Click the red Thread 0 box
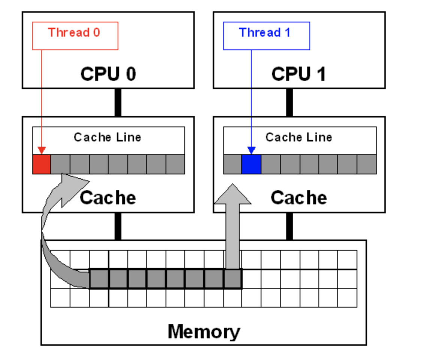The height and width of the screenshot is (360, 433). click(75, 36)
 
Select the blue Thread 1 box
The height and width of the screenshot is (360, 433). click(266, 36)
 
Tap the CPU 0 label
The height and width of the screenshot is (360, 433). click(108, 74)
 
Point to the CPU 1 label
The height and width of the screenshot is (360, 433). click(299, 74)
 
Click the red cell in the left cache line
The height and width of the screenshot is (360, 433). click(41, 164)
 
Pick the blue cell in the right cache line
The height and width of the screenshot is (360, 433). click(251, 164)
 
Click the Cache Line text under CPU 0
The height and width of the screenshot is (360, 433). click(108, 137)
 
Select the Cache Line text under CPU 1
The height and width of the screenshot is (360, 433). click(299, 137)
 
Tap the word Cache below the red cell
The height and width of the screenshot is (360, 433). click(108, 198)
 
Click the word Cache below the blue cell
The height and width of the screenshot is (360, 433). click(299, 198)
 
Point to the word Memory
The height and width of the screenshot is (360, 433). click(204, 332)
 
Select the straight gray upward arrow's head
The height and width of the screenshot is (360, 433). click(233, 195)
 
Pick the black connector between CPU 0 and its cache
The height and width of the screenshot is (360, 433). click(118, 102)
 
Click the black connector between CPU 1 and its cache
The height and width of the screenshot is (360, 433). click(290, 102)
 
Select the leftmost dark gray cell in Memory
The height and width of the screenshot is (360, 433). click(99, 279)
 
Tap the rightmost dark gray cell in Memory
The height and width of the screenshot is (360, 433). click(233, 279)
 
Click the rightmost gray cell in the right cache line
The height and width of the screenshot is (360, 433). click(367, 164)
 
